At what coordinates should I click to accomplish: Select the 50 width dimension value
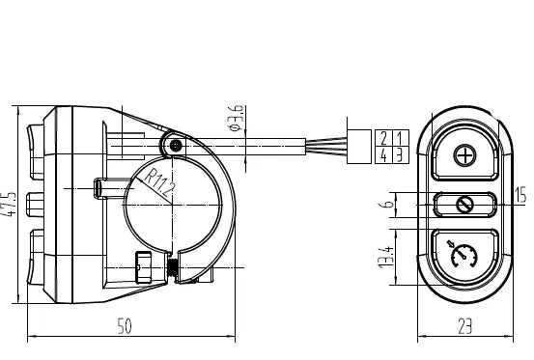tap(125, 326)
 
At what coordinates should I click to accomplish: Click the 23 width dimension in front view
tap(464, 326)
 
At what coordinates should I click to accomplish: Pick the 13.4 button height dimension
tap(384, 258)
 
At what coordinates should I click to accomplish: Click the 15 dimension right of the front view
tap(521, 195)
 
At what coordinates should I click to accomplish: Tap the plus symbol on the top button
tap(465, 155)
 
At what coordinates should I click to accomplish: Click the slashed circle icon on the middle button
tap(464, 204)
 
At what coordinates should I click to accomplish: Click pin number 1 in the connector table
tap(400, 137)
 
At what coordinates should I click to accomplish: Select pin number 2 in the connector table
tap(386, 137)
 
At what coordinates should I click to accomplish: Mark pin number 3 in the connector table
tap(400, 152)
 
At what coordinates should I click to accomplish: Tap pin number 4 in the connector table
tap(386, 152)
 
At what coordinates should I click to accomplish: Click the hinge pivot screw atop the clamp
tap(175, 146)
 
